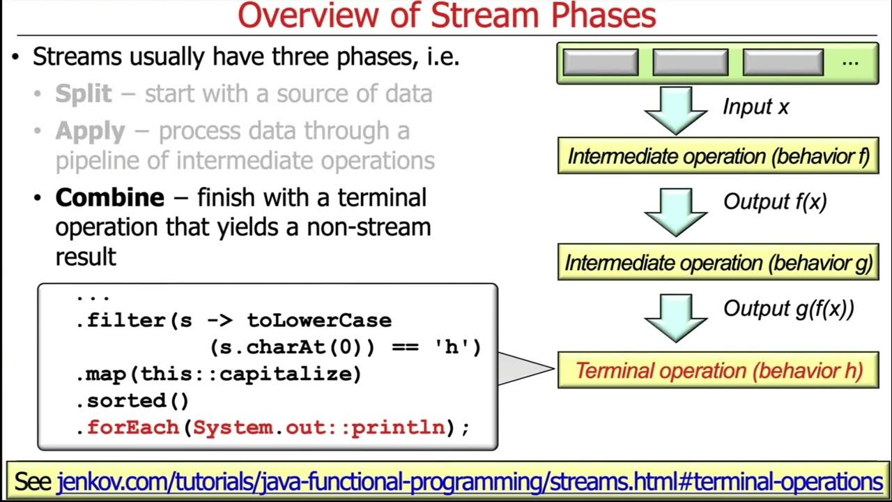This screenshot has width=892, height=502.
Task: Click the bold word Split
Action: coord(84,94)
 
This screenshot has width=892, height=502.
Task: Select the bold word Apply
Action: coord(91,131)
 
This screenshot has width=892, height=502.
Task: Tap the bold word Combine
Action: coord(109,198)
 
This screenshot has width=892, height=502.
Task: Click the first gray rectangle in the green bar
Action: coord(600,62)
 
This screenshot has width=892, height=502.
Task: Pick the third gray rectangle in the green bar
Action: coord(783,62)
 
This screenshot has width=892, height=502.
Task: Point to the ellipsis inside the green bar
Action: coord(849,61)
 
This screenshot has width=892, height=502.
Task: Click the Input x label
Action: coord(755,107)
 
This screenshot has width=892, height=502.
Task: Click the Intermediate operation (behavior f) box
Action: coord(718,156)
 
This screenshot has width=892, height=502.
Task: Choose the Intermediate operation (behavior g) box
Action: coord(718,263)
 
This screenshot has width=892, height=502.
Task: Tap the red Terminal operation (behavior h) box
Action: coord(718,370)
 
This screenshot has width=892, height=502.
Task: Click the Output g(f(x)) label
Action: coord(788,308)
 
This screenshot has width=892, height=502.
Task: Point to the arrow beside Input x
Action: coord(676,109)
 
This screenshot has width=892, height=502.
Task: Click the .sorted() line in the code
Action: coord(132,401)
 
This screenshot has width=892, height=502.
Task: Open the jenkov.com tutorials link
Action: coord(470,482)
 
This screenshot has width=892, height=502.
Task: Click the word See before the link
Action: coord(33,482)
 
